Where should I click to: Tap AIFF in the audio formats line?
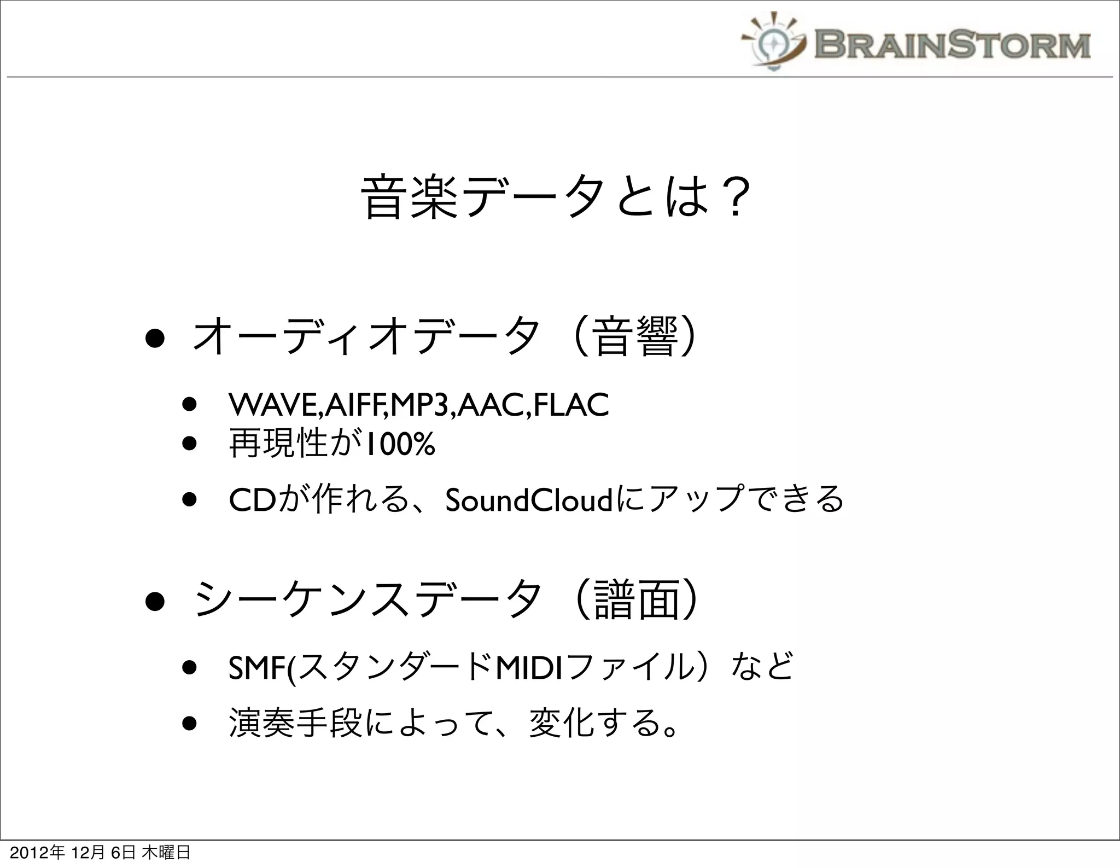pyautogui.click(x=355, y=405)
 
